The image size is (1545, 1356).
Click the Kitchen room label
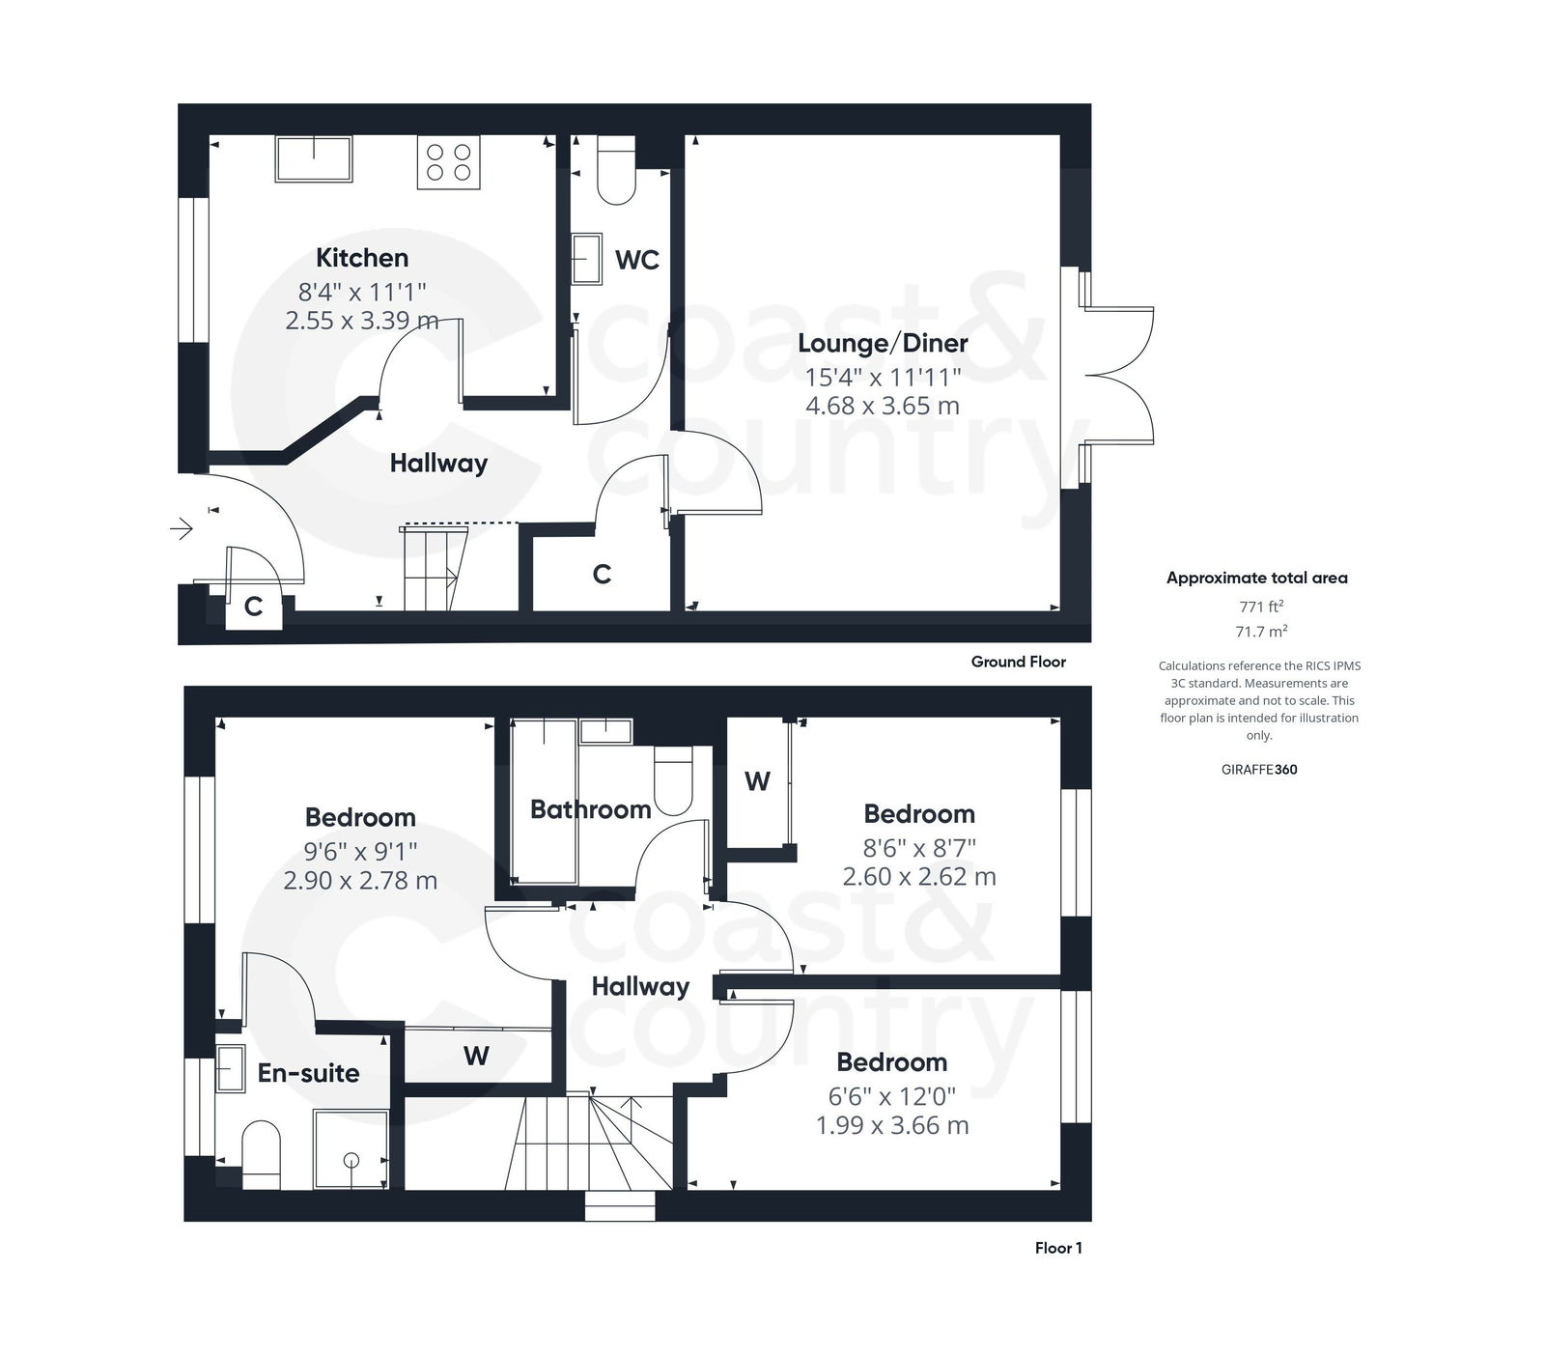tap(362, 258)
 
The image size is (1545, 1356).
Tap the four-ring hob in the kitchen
tap(448, 162)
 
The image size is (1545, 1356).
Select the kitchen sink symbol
tap(314, 158)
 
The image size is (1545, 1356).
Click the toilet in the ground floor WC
tap(616, 171)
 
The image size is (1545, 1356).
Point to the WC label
tap(636, 260)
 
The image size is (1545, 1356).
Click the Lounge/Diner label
tap(883, 343)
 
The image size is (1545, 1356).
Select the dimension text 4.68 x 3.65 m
tap(883, 406)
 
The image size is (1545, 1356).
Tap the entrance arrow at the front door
tap(182, 528)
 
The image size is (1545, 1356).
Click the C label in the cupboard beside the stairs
tap(602, 575)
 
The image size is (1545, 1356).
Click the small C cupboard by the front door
tap(253, 607)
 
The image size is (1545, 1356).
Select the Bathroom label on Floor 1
tap(590, 809)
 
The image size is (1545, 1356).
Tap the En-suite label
tap(308, 1073)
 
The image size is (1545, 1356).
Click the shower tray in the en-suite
tap(351, 1149)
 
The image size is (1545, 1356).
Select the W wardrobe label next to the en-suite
tap(476, 1056)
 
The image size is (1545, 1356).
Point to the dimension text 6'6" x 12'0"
tap(891, 1096)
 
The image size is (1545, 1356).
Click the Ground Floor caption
tap(1018, 662)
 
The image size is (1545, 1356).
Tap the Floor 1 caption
tap(1057, 1248)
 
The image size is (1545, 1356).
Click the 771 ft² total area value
tap(1261, 607)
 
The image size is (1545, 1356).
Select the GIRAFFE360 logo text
tap(1259, 770)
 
